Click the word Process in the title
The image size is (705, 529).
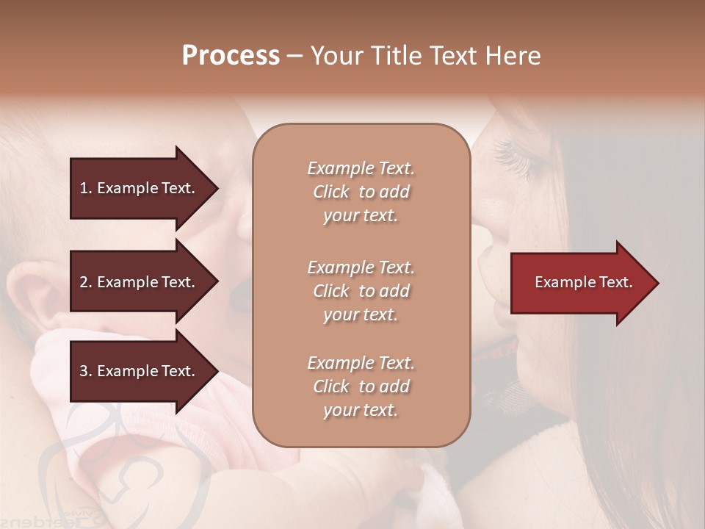pyautogui.click(x=231, y=55)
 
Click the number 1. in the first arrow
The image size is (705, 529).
pyautogui.click(x=86, y=188)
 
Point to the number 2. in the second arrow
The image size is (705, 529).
pyautogui.click(x=86, y=282)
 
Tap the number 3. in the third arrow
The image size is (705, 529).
pyautogui.click(x=86, y=371)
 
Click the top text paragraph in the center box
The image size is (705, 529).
pyautogui.click(x=361, y=192)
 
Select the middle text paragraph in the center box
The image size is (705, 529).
pyautogui.click(x=361, y=291)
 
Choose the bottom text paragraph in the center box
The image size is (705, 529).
pyautogui.click(x=361, y=386)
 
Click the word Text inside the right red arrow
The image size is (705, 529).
pyautogui.click(x=615, y=282)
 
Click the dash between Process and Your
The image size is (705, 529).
pyautogui.click(x=294, y=56)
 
